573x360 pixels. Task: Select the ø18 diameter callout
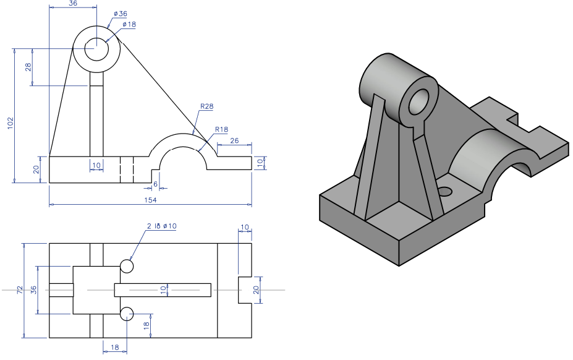tap(129, 24)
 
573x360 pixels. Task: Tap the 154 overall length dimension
tap(150, 200)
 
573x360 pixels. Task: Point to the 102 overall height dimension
tap(9, 124)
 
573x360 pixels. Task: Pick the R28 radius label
tap(206, 106)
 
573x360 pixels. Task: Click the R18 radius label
tap(221, 129)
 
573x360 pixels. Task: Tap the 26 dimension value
tap(235, 140)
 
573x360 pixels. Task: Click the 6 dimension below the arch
tap(155, 184)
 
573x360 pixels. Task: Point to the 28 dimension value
tap(28, 67)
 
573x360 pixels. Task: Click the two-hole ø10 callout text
tap(162, 226)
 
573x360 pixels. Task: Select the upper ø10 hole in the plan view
tap(127, 267)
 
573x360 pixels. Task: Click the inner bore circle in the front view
tap(96, 49)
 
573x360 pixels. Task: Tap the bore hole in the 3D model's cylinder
tap(418, 102)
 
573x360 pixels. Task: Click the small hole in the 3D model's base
tap(445, 191)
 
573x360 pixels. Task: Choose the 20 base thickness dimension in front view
tap(36, 169)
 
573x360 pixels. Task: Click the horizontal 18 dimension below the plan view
tap(115, 348)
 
